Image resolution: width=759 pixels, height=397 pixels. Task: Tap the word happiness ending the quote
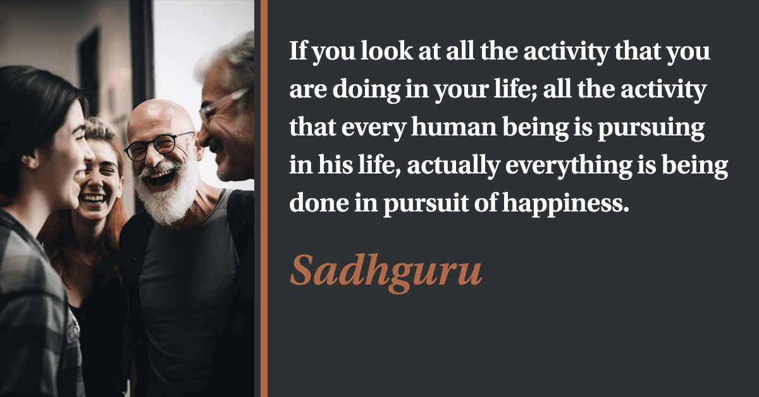click(x=565, y=205)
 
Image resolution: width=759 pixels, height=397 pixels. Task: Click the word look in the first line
click(x=386, y=51)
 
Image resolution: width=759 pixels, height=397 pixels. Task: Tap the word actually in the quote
click(x=454, y=167)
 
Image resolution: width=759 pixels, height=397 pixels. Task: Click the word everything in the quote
click(x=569, y=167)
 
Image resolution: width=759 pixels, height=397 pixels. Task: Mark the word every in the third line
click(x=374, y=129)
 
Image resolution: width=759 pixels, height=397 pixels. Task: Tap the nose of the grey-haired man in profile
click(x=203, y=137)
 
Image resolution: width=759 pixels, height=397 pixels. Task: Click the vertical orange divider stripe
click(x=264, y=199)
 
